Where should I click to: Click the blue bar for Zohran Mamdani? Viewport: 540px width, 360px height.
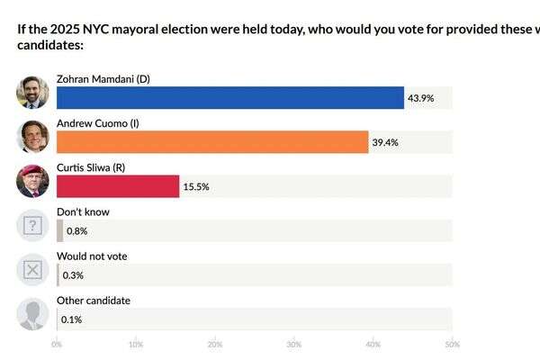(x=229, y=97)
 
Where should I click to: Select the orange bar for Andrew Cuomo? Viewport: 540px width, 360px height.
(x=212, y=141)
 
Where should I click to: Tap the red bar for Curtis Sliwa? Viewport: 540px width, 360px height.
(x=118, y=185)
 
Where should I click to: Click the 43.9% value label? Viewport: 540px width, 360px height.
(x=421, y=97)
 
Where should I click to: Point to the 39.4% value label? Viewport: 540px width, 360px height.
(x=385, y=141)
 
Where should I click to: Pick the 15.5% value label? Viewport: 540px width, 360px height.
(x=196, y=185)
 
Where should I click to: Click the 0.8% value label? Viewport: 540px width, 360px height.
(x=76, y=230)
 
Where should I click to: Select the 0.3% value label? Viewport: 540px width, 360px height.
(x=72, y=274)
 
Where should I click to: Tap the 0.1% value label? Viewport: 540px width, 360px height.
(x=71, y=319)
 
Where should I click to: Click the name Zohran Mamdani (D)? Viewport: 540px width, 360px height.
(x=103, y=79)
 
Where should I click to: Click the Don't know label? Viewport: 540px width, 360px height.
(x=83, y=212)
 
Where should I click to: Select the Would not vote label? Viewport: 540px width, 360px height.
(x=92, y=256)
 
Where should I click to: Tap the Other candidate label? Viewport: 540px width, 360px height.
(x=94, y=301)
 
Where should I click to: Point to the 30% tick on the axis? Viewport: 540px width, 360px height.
(x=293, y=344)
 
